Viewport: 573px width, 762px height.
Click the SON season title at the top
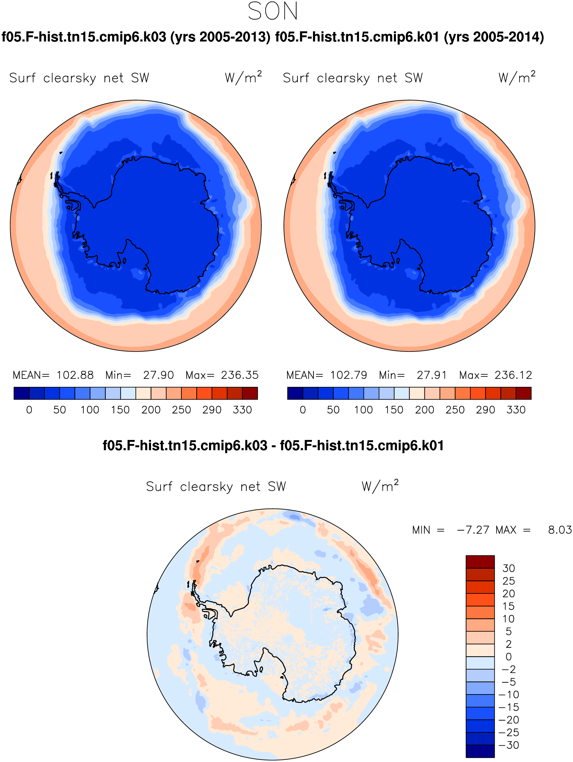tap(273, 11)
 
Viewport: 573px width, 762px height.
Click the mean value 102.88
tap(75, 375)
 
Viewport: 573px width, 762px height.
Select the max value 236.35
tap(240, 375)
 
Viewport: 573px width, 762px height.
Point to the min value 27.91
tap(432, 375)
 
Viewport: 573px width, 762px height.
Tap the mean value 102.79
tap(349, 375)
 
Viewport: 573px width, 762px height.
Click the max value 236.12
tap(513, 375)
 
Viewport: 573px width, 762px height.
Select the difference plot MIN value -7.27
tap(473, 530)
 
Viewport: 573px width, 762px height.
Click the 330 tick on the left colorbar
tap(242, 410)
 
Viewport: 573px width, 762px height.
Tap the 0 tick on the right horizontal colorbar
tap(303, 410)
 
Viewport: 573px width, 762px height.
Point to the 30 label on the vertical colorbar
tap(509, 568)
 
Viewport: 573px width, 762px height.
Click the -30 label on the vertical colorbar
tap(509, 745)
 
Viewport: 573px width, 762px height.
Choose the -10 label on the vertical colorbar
tap(509, 694)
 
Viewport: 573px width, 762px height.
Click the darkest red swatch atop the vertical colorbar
tap(480, 562)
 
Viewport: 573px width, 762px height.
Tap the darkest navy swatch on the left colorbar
tap(22, 393)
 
